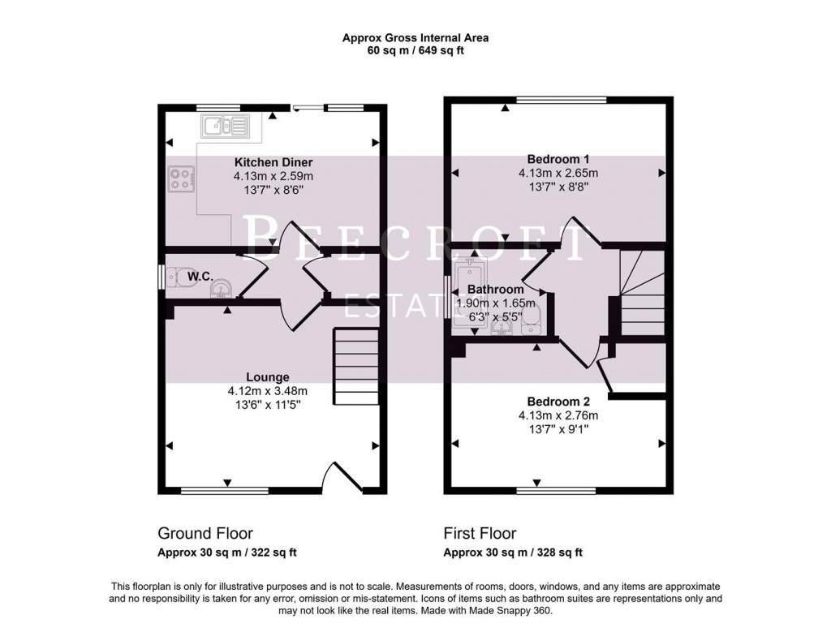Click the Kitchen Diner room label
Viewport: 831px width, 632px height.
point(273,162)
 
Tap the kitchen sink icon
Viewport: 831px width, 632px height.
point(225,125)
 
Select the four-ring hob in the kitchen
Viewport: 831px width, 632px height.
point(182,178)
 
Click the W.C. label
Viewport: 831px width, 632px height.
point(200,277)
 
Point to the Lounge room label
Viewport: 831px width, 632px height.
point(269,377)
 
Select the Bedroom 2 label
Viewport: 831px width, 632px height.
point(558,402)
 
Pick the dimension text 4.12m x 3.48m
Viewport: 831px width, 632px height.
point(269,391)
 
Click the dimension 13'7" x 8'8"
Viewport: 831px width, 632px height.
point(558,187)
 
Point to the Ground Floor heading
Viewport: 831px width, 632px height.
point(205,533)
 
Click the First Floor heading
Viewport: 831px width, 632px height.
point(480,533)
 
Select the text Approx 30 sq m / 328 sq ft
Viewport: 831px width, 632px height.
point(513,553)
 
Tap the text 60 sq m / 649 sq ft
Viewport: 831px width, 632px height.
point(415,50)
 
